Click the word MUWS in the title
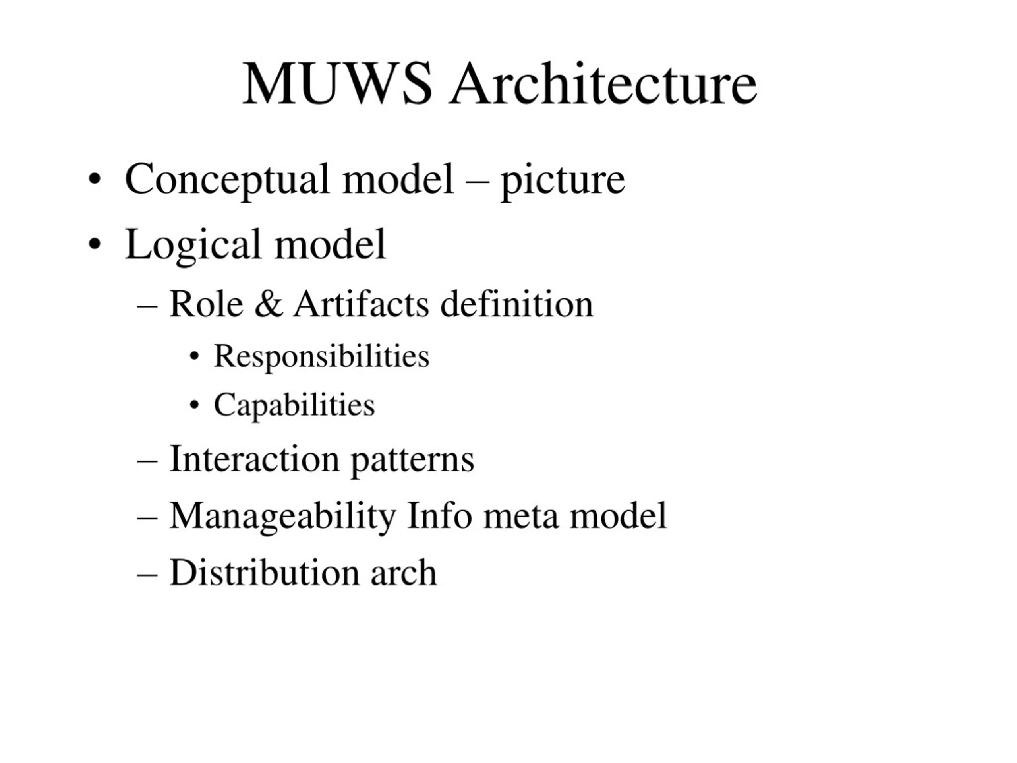(x=337, y=84)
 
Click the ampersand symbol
(x=269, y=304)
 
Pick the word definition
(x=517, y=304)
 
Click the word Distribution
(x=264, y=573)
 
